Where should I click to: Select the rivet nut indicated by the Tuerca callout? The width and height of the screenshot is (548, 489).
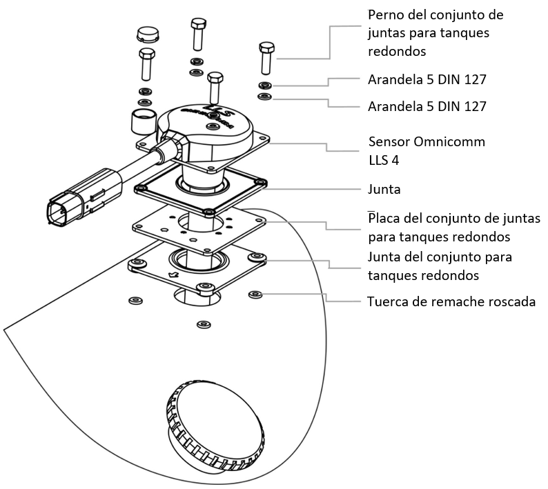click(255, 294)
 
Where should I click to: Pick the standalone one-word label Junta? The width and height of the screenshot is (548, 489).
click(385, 189)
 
